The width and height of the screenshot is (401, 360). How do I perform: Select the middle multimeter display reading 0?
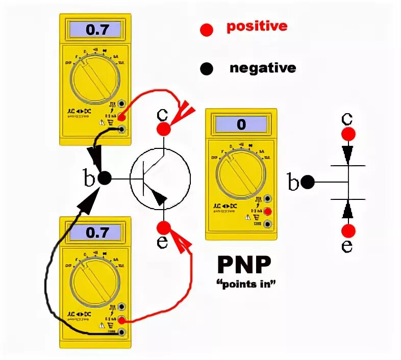tap(241, 124)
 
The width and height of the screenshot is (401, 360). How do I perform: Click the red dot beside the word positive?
tap(206, 30)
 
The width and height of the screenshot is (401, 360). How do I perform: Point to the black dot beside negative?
tap(206, 68)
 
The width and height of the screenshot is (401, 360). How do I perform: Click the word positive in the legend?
tap(257, 27)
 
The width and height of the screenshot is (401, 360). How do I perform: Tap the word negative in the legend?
tap(262, 68)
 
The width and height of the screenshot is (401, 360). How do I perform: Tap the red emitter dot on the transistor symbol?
tap(163, 227)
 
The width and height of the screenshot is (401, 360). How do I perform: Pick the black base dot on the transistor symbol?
tap(104, 178)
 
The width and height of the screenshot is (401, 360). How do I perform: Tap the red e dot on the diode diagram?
tap(348, 230)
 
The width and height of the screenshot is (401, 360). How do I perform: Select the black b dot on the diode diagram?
tap(307, 182)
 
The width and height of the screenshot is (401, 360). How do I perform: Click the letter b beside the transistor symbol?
tap(89, 179)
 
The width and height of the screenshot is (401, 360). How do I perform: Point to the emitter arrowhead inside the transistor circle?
tap(160, 197)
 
